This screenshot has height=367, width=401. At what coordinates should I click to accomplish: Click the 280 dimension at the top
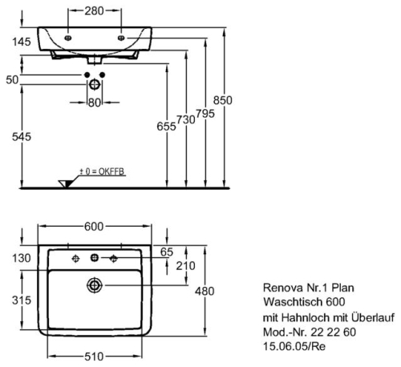94,11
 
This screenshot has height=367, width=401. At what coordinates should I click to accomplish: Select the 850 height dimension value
223,100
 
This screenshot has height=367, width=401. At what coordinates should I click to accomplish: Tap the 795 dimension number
205,114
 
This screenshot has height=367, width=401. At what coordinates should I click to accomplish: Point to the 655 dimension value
166,127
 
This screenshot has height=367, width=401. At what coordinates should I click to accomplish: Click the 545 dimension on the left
22,137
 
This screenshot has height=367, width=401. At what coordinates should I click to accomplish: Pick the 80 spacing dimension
95,103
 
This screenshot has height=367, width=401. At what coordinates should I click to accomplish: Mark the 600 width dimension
94,227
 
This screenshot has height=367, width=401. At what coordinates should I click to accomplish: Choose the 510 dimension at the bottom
94,357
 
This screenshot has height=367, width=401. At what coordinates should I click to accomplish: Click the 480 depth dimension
205,291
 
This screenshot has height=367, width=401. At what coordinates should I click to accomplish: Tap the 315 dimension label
22,300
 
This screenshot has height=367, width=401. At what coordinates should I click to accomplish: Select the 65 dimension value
167,252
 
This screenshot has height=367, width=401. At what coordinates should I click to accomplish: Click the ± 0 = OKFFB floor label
103,171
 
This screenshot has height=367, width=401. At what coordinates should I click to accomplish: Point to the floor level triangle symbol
66,183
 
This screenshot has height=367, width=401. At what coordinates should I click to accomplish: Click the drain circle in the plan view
95,285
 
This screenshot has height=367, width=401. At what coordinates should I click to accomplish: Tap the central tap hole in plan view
95,258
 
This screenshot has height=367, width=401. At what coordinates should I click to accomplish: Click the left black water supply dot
87,75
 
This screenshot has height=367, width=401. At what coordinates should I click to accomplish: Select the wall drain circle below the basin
95,85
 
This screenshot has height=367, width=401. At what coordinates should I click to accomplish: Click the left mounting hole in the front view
68,38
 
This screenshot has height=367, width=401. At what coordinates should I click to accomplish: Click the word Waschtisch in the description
293,302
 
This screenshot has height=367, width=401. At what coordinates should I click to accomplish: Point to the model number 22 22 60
333,333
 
